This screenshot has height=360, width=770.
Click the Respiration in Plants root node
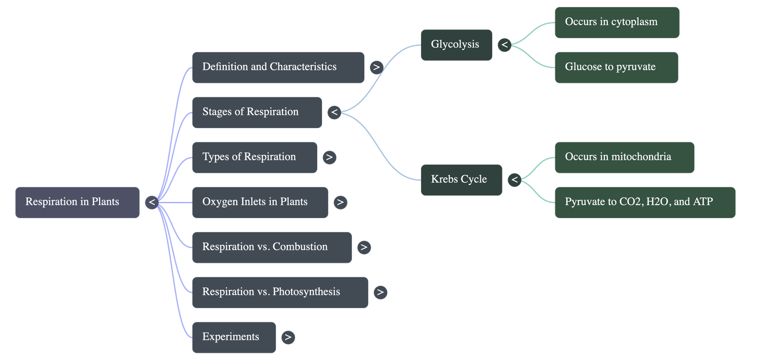(77, 202)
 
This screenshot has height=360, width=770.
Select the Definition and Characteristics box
(278, 67)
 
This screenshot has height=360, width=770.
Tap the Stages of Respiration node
(257, 112)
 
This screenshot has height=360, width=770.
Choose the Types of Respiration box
(254, 157)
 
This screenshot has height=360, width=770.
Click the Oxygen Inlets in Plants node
(260, 202)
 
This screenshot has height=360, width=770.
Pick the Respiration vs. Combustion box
(271, 247)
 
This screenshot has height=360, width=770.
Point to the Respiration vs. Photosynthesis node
(280, 292)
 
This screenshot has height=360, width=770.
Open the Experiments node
(233, 337)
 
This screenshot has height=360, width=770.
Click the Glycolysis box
(456, 45)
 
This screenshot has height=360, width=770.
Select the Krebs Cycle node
(461, 180)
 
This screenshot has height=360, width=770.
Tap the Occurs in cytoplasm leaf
(616, 22)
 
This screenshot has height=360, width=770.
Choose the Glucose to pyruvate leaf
(616, 67)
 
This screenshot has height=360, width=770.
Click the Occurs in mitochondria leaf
(624, 157)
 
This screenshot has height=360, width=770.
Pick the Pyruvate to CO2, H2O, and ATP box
(644, 202)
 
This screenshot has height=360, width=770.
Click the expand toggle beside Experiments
(288, 337)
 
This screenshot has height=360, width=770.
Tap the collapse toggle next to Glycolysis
(504, 45)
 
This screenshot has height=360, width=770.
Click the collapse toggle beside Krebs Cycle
(514, 180)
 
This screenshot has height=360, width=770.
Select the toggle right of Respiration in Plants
(152, 202)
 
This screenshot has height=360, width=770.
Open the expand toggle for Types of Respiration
(329, 157)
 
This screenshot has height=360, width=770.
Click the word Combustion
(300, 247)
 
